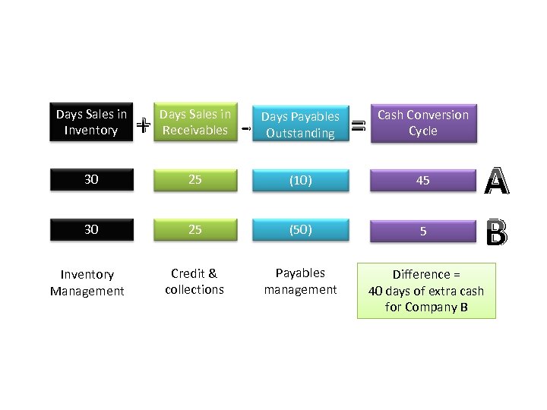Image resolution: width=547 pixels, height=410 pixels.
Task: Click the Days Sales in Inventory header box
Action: (x=91, y=122)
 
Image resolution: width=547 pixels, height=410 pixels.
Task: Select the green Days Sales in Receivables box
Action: (x=194, y=122)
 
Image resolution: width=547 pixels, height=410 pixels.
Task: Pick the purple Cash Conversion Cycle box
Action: (x=423, y=122)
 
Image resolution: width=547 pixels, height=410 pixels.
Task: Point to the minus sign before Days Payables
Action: (x=245, y=129)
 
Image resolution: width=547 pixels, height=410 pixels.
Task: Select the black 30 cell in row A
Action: (x=91, y=180)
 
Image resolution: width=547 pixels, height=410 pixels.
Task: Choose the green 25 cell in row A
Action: (x=194, y=180)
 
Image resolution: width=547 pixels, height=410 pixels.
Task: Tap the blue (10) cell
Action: (x=300, y=180)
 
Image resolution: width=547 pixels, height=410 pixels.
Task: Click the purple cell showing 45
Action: (x=423, y=180)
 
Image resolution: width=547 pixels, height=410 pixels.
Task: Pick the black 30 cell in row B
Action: (x=91, y=229)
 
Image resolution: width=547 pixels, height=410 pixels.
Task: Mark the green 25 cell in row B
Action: (x=194, y=229)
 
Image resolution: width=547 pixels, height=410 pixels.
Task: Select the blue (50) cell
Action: (x=300, y=229)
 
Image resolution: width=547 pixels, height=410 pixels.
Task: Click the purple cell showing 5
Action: (x=423, y=230)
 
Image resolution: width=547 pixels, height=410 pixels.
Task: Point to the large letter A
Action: (x=496, y=181)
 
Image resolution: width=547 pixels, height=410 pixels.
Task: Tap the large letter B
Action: (x=496, y=233)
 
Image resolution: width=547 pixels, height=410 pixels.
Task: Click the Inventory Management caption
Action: (x=87, y=282)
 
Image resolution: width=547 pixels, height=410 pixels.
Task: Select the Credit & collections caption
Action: (x=194, y=281)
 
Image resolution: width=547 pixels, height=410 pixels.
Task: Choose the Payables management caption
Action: (x=300, y=281)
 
